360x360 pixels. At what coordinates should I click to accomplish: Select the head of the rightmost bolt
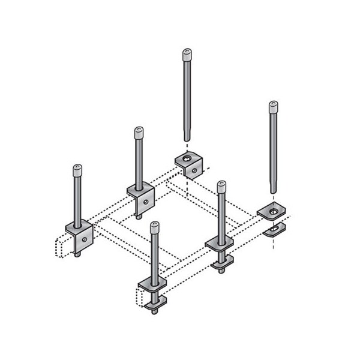[x=273, y=107]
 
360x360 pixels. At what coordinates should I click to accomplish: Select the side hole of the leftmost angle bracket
[x=86, y=238]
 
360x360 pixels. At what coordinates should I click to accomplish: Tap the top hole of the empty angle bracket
[x=186, y=158]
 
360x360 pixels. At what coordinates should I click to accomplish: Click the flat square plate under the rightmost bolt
[x=272, y=211]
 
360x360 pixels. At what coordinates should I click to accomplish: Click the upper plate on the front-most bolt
[x=154, y=286]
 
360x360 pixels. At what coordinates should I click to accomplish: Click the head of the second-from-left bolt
[x=139, y=132]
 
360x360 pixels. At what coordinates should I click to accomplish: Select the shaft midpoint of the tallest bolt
[x=186, y=99]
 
